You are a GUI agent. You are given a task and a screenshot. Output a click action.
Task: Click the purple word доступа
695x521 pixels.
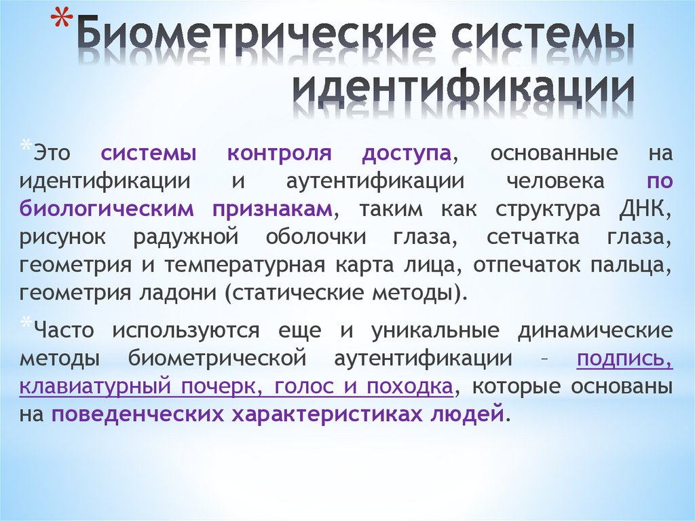(407, 154)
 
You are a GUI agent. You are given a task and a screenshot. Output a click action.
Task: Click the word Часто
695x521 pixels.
(67, 331)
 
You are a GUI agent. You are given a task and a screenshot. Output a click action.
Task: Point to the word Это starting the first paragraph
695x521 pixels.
(51, 154)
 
